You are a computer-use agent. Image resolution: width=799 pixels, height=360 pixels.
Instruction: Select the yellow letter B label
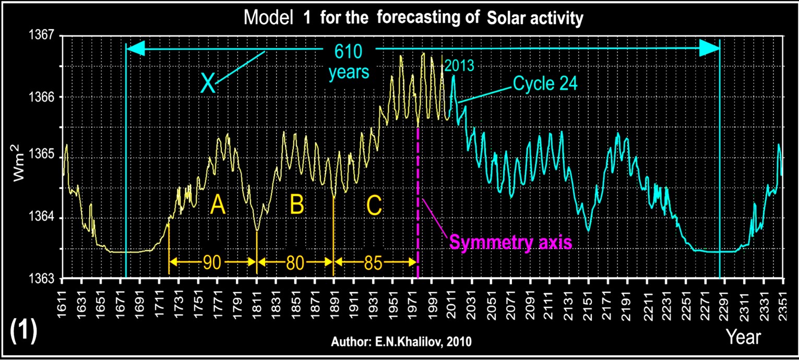point(296,206)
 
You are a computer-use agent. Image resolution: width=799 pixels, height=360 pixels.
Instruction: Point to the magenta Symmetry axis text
point(511,243)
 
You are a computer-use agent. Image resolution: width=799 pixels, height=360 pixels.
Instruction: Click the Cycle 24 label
point(545,83)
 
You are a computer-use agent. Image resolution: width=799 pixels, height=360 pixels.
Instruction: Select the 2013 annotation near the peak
point(459,66)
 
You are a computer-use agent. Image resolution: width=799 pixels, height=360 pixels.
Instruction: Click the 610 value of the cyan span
point(349,52)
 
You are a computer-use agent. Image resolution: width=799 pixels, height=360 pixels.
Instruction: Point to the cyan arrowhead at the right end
point(708,49)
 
